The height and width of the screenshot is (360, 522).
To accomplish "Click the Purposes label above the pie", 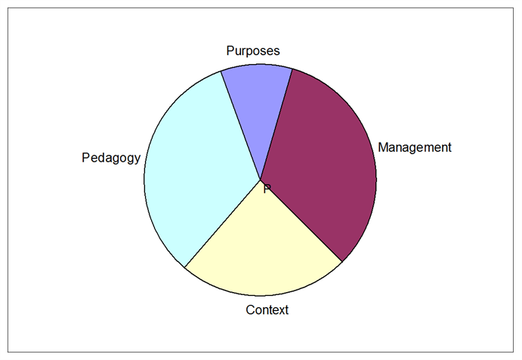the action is pyautogui.click(x=253, y=51).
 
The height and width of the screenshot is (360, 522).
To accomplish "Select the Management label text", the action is pyautogui.click(x=415, y=147).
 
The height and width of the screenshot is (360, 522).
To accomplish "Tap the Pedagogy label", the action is pyautogui.click(x=111, y=158).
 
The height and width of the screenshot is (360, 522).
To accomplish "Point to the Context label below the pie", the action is pyautogui.click(x=267, y=309).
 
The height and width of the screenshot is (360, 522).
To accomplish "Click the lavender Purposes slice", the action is pyautogui.click(x=258, y=100).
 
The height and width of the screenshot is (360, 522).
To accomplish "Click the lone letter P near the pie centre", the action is pyautogui.click(x=267, y=189).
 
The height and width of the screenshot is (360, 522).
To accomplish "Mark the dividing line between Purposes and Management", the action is pyautogui.click(x=276, y=125).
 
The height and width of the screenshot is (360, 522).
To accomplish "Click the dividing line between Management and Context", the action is pyautogui.click(x=301, y=220).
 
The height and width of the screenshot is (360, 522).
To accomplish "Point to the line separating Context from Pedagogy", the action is pyautogui.click(x=222, y=223).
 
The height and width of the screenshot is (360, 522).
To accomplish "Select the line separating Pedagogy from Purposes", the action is pyautogui.click(x=241, y=125).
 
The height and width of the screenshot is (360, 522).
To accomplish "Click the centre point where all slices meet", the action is pyautogui.click(x=261, y=180).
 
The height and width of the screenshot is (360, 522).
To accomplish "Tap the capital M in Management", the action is pyautogui.click(x=383, y=147).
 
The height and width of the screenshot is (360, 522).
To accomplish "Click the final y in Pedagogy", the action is pyautogui.click(x=137, y=160).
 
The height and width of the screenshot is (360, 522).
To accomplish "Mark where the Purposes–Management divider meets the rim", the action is pyautogui.click(x=292, y=69).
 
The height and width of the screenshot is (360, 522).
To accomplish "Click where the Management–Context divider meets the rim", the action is pyautogui.click(x=342, y=262).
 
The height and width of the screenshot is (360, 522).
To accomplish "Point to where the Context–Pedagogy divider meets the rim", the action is pyautogui.click(x=185, y=267).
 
